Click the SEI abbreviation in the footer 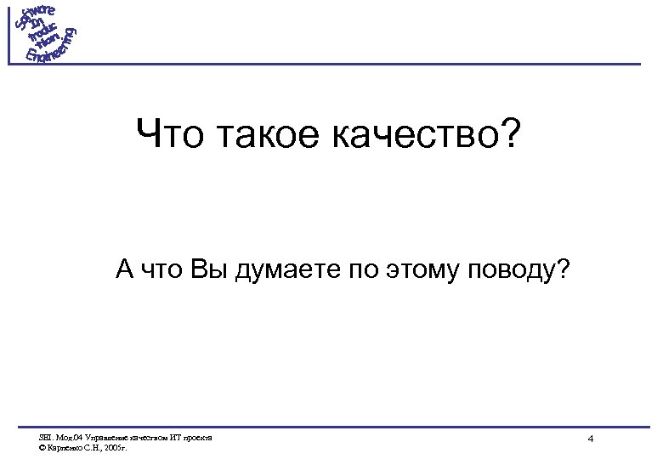pyautogui.click(x=45, y=438)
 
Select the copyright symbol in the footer pyautogui.click(x=42, y=447)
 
